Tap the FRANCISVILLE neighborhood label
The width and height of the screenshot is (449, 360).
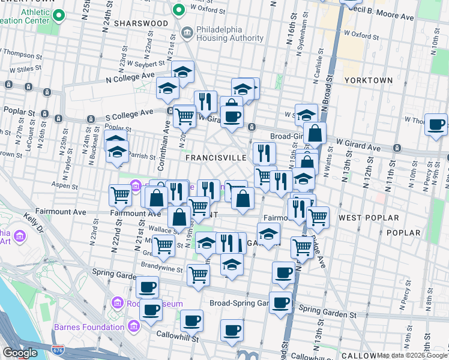[x=216, y=157]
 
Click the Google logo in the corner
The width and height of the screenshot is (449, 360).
[x=20, y=353]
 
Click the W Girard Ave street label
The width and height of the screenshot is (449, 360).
[x=359, y=146]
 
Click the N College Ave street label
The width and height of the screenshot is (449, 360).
[x=130, y=77]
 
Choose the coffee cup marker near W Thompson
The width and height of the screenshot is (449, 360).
[x=436, y=124]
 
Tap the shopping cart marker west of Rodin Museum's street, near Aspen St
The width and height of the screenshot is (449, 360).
[x=120, y=194]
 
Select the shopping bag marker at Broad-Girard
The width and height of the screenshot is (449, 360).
[x=315, y=133]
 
